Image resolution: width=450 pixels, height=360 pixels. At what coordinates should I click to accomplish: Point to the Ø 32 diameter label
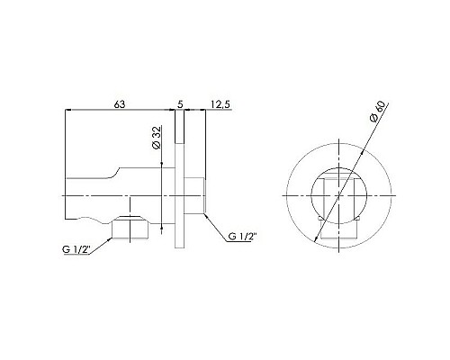156,138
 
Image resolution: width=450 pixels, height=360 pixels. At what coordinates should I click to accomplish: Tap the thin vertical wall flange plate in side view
181,193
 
